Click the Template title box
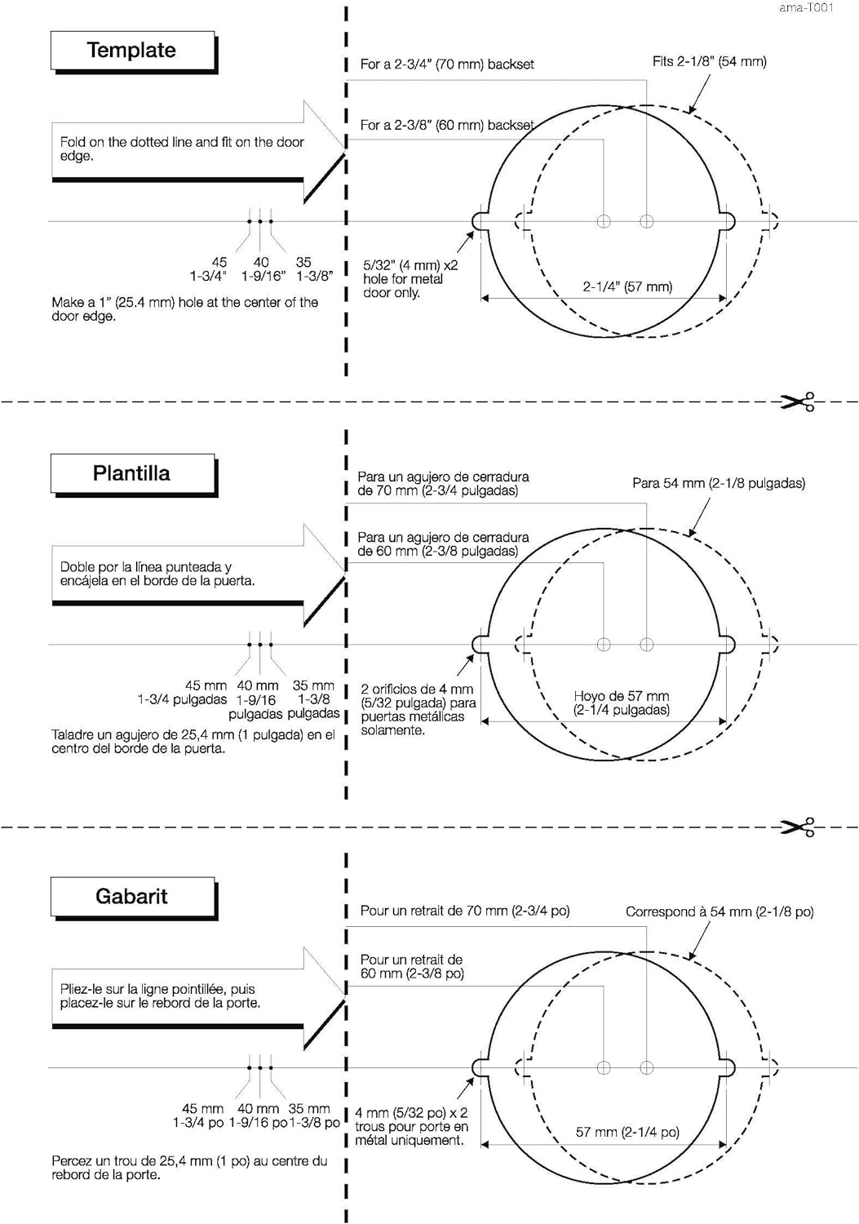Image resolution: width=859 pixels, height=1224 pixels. coord(132,51)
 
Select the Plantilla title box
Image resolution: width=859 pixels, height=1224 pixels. coord(132,473)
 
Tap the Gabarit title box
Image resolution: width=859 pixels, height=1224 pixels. coord(132,896)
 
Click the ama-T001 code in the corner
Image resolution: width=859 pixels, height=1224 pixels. coord(805,8)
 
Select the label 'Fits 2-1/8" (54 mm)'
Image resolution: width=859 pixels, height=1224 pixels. coord(709,61)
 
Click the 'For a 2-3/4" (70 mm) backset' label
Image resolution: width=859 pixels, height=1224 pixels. coord(447,64)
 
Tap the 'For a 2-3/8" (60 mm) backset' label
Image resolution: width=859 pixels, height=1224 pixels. coord(447,126)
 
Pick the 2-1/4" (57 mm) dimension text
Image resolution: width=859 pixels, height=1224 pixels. coord(627,287)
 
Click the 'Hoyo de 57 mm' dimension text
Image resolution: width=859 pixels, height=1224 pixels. coord(622,703)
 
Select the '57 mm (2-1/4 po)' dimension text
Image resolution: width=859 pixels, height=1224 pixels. coord(627,1132)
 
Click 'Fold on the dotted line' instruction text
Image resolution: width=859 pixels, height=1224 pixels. coord(181,149)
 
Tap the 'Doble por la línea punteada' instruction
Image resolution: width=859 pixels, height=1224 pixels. coord(157,574)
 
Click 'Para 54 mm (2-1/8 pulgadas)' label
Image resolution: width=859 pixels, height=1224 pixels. coord(718,483)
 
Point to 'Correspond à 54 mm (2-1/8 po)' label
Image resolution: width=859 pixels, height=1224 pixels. coord(720,911)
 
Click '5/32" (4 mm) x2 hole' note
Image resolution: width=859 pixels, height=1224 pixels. coord(410,279)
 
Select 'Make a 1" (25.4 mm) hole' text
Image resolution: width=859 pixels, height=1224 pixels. coord(184,308)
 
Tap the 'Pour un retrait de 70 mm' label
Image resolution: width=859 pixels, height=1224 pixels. coord(464,911)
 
